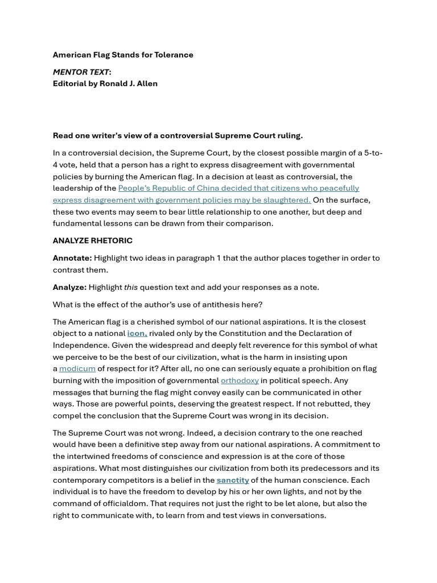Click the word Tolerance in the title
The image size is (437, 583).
[x=173, y=55]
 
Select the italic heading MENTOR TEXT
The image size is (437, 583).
[x=81, y=72]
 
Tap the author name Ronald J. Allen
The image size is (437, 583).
[x=129, y=83]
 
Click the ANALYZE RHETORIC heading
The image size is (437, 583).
[x=93, y=240]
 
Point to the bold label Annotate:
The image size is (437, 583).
[x=72, y=258]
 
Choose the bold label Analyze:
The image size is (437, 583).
[x=69, y=287]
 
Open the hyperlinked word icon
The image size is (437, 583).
[x=137, y=333]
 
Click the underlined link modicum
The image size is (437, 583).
[x=77, y=368]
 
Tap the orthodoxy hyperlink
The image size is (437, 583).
[x=240, y=380]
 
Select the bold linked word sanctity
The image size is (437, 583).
[x=233, y=480]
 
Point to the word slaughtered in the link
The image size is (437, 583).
[x=287, y=200]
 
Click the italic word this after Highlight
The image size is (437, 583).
[x=131, y=287]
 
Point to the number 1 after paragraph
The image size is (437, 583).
[x=218, y=258]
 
